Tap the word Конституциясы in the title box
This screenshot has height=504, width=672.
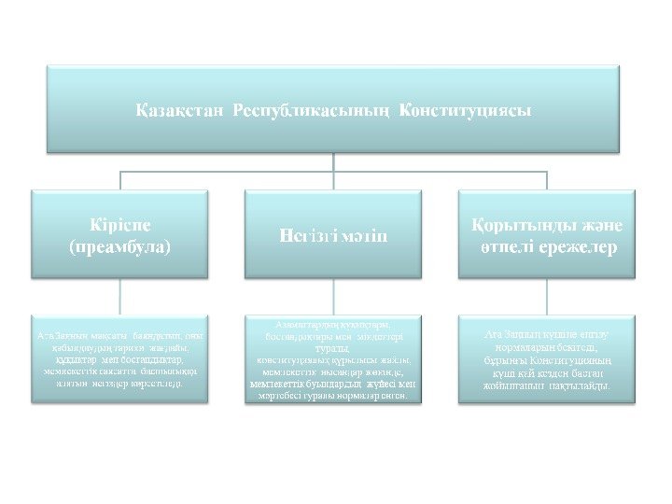(466, 110)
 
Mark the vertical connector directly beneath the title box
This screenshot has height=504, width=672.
(335, 162)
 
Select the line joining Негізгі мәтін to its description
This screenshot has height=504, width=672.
(335, 297)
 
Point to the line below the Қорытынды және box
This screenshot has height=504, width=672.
(546, 297)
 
